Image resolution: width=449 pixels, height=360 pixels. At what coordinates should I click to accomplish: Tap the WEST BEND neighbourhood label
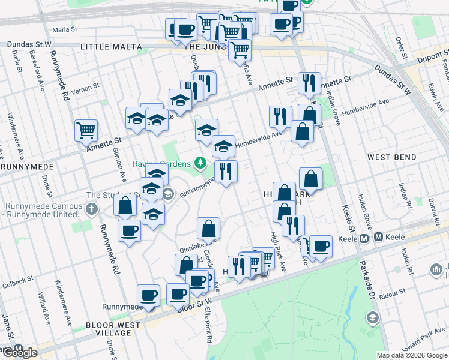[x=392, y=157]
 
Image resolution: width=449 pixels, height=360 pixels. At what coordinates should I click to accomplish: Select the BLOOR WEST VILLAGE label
[x=113, y=329]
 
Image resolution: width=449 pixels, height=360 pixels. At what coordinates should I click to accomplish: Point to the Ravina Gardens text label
[x=163, y=163]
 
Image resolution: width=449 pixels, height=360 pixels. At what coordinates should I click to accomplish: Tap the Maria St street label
[x=65, y=29]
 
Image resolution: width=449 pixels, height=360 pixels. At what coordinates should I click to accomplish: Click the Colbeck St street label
[x=17, y=281]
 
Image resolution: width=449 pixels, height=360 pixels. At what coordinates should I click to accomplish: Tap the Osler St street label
[x=399, y=46]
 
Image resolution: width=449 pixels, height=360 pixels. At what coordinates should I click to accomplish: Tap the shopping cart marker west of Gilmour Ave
[x=86, y=130]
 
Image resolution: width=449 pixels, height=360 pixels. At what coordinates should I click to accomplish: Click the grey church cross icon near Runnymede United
[x=91, y=209]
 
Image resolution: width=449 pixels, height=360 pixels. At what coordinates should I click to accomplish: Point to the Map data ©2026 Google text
[x=412, y=355]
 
